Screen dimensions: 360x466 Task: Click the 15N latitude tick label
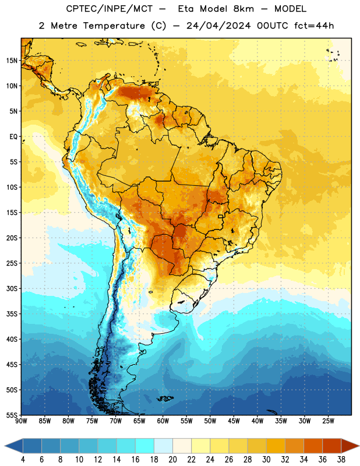point(12,61)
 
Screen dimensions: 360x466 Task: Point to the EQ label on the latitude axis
point(13,137)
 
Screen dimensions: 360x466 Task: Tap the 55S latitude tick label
point(12,415)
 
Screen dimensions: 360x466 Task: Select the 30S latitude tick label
point(12,288)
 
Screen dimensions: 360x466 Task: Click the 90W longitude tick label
point(22,421)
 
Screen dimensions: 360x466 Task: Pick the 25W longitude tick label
point(328,421)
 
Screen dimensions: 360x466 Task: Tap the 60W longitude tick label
point(163,421)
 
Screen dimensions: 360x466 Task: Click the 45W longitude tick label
point(234,421)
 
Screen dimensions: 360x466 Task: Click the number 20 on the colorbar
point(172,460)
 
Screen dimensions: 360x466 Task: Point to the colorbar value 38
point(341,460)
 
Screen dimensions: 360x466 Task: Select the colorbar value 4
point(23,460)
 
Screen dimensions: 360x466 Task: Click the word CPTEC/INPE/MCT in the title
point(110,9)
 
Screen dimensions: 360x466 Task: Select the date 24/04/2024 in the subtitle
point(218,26)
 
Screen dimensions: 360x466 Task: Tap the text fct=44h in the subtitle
point(314,26)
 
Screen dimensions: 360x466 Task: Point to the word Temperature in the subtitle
point(114,26)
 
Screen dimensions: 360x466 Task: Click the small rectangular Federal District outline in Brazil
point(221,217)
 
